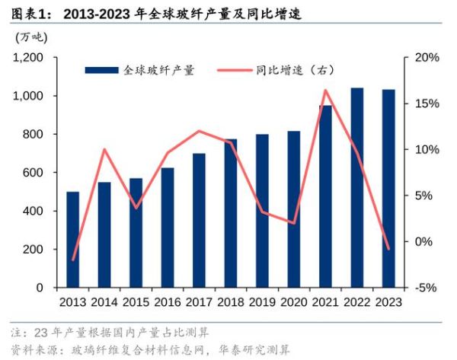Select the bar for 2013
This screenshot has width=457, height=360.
click(73, 240)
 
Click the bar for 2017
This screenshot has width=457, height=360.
click(199, 221)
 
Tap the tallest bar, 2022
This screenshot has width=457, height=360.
click(356, 188)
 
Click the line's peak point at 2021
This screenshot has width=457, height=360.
click(325, 91)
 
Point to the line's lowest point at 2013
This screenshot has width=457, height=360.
click(73, 260)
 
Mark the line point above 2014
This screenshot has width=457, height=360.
click(104, 149)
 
